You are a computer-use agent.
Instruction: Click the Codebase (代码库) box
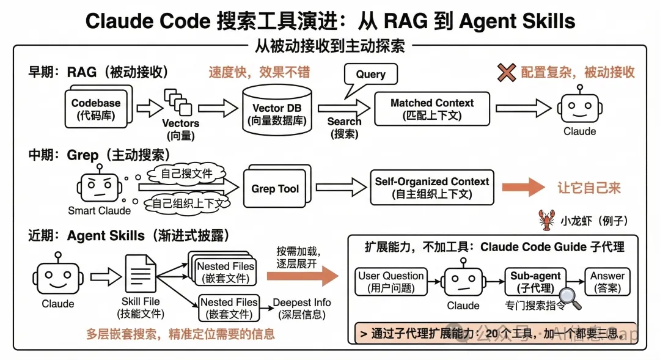(x=96, y=109)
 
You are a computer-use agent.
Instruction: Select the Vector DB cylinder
(x=277, y=109)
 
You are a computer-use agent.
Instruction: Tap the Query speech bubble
(x=370, y=75)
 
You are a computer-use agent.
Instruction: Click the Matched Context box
(x=432, y=109)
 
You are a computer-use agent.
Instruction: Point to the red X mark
(x=507, y=72)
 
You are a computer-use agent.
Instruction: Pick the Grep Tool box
(x=275, y=188)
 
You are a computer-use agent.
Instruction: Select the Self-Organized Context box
(x=431, y=188)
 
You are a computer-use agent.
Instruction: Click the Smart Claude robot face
(x=98, y=185)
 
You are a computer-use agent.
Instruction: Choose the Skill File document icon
(x=140, y=276)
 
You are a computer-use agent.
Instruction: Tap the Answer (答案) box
(x=607, y=282)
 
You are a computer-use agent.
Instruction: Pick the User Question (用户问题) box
(x=391, y=282)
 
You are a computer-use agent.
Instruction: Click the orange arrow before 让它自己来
(x=525, y=187)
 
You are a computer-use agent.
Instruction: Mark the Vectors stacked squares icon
(x=177, y=101)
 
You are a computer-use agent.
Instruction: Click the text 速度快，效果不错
(x=260, y=72)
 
